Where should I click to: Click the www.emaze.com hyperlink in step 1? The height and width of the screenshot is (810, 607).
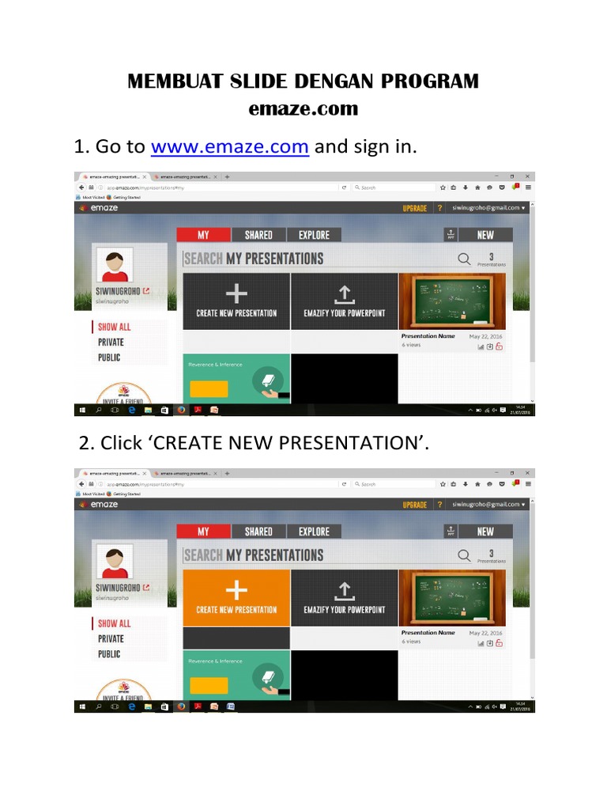pos(229,147)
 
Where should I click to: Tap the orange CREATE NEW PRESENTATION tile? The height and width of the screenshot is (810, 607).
pos(236,597)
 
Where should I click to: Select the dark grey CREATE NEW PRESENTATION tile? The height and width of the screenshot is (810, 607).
pos(236,301)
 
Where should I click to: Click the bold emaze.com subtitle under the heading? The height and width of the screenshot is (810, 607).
pos(303,108)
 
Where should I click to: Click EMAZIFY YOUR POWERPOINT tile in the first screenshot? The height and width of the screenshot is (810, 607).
pos(344,301)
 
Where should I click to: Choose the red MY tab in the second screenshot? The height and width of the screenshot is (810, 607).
pos(203,532)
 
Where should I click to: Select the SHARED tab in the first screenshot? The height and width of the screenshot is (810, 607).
pos(258,235)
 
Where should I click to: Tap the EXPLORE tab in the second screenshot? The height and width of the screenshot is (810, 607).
pos(314,532)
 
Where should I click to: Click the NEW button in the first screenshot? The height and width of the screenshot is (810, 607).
pos(485,235)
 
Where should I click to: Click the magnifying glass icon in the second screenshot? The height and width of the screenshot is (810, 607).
pos(465,555)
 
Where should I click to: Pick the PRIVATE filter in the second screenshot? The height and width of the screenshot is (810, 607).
pos(111,638)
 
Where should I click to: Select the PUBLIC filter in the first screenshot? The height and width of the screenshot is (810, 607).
pos(109,358)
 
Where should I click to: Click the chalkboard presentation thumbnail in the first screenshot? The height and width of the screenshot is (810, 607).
pos(452,301)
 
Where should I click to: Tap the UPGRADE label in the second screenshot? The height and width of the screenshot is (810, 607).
pos(414,505)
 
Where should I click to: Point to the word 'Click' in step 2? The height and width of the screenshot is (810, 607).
pos(121,444)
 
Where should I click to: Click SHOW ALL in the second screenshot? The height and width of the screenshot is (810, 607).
pos(114,623)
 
